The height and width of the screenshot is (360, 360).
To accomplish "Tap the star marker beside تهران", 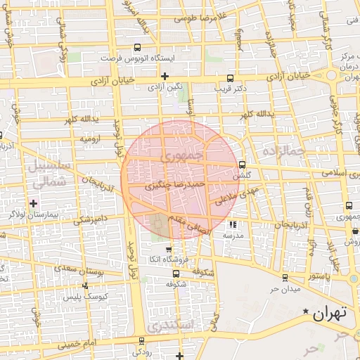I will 305,311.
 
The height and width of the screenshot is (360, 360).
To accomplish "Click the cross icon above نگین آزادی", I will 165,76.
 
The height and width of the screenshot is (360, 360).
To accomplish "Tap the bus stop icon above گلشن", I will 242,165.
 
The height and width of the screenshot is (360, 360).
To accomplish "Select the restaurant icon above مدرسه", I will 233,225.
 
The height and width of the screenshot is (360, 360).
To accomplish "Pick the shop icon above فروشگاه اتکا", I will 168,250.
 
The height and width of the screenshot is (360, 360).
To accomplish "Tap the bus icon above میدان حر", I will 285,278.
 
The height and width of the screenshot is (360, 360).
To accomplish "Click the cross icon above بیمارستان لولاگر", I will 33,203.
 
